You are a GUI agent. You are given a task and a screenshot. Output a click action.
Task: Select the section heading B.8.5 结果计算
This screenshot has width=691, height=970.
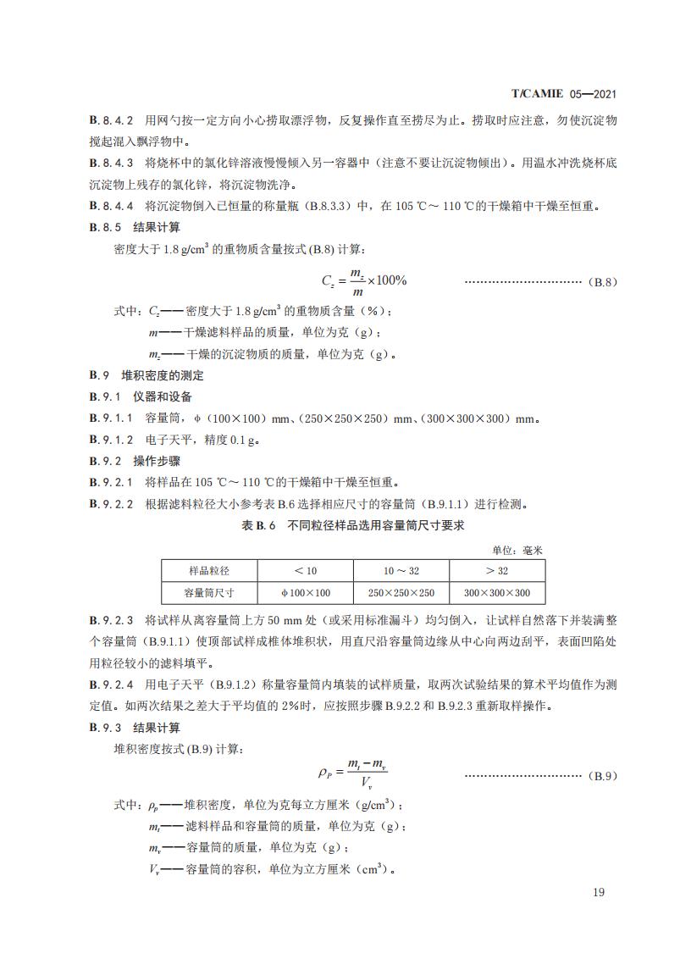[135, 227]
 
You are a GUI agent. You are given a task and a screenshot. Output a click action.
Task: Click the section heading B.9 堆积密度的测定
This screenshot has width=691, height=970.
[146, 375]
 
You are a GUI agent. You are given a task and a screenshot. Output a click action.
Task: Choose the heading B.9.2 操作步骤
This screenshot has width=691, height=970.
[135, 462]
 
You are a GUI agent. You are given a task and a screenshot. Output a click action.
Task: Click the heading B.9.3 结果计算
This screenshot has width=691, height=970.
[135, 728]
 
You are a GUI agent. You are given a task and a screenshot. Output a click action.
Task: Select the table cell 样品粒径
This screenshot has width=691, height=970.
[209, 571]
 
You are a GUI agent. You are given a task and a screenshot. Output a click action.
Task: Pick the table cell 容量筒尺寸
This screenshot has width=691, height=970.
[209, 593]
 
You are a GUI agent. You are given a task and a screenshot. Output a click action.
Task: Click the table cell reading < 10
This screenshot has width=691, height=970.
[305, 571]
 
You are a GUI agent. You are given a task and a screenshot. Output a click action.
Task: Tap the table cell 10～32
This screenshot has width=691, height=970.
[401, 571]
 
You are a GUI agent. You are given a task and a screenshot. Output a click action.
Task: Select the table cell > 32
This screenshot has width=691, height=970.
[496, 571]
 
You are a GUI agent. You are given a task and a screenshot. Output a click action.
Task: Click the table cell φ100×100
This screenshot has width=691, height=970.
[305, 593]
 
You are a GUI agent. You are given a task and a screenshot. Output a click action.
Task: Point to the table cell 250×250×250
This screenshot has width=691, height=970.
[401, 593]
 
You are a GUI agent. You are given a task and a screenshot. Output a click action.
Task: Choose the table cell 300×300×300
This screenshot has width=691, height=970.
[496, 593]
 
